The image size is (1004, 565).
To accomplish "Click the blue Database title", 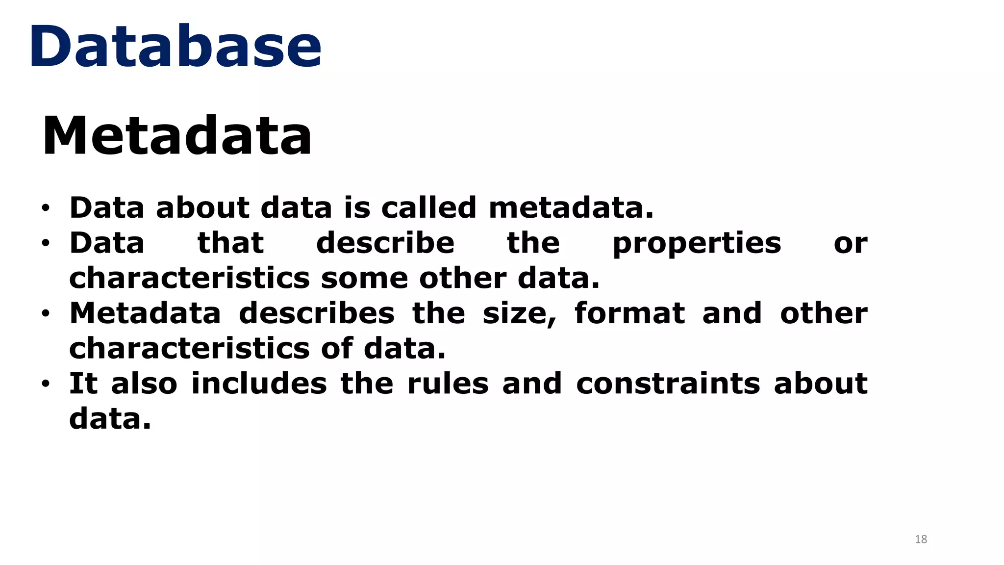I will point(176,47).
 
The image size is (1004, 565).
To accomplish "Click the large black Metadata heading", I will point(177,135).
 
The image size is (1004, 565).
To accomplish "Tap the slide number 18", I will point(921,539).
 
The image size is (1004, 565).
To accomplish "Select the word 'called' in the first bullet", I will point(428,207).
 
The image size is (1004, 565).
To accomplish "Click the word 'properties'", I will point(697,244).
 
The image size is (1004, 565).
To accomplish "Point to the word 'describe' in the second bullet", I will point(385,243).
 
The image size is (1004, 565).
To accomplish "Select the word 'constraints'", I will point(668,384).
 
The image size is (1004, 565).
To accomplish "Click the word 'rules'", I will point(448,384).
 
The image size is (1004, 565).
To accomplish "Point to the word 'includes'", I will point(259,384).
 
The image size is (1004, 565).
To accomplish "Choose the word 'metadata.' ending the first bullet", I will point(571,207).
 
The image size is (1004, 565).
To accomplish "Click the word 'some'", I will point(364,278).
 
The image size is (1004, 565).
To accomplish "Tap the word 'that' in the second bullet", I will point(230,243).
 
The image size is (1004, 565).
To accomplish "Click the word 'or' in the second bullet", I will point(851,244).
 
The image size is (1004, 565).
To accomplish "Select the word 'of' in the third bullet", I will point(337,348).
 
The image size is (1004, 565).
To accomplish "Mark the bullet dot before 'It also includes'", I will point(46,384).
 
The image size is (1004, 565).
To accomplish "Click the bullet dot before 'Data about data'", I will point(46,208).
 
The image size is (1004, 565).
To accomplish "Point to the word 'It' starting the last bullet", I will point(83,384).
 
